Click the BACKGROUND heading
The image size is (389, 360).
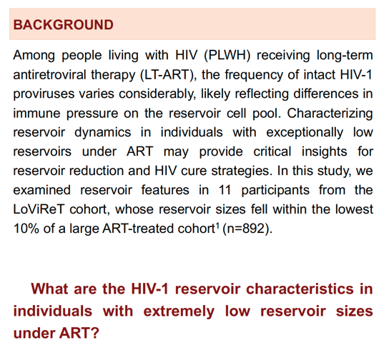pos(63,25)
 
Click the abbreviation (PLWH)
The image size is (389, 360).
pos(227,55)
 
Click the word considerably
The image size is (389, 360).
pos(157,94)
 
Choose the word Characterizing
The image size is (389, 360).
pos(330,114)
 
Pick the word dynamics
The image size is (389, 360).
pos(103,133)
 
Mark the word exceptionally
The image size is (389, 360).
pos(305,133)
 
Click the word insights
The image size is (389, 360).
pos(324,152)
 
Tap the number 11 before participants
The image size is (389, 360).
pos(225,190)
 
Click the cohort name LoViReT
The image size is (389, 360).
pos(39,209)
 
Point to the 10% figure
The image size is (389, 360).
pos(26,229)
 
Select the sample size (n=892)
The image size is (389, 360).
pos(247,229)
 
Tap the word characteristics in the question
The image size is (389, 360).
pos(300,289)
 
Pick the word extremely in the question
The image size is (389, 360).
pos(179,311)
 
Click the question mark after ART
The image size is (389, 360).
pos(94,333)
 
